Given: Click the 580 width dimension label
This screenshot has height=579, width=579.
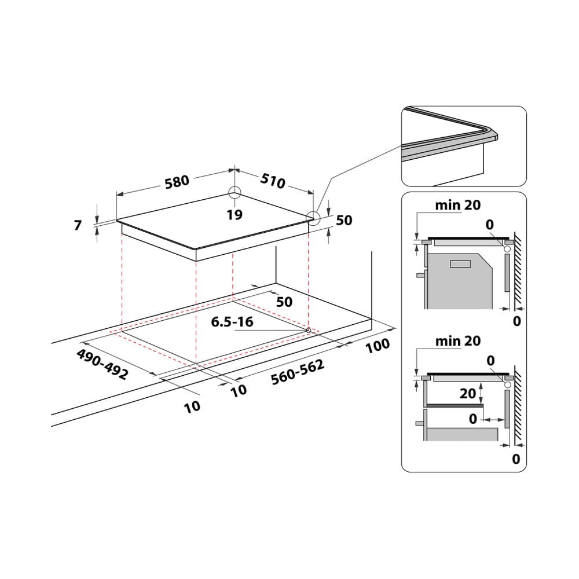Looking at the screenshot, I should coord(177,181).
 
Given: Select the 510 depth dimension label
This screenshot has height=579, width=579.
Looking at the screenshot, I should coord(273,181).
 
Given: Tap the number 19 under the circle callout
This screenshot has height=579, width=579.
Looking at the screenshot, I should coord(234,215).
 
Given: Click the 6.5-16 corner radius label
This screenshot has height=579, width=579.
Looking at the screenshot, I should coord(232,322).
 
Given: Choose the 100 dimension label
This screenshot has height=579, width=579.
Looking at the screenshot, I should coord(378,346).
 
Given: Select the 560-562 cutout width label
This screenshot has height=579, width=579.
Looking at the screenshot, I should coord(298,372).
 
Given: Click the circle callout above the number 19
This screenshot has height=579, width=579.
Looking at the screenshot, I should coord(234,193).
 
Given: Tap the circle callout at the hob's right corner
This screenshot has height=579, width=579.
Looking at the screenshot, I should coord(313,218).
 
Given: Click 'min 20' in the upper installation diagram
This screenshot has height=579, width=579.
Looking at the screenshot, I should coord(458,205).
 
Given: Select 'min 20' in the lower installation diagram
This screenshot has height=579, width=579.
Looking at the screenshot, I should coord(458,341).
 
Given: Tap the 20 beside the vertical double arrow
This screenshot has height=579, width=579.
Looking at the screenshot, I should coord(468,394).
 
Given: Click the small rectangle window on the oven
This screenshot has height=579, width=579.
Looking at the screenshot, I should coord(461,264).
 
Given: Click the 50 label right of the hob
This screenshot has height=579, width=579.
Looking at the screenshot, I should coord(344,221).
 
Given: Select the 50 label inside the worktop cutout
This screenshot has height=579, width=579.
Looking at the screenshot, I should coord(284,302).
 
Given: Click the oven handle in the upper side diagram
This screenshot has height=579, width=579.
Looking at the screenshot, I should coord(418,276).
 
